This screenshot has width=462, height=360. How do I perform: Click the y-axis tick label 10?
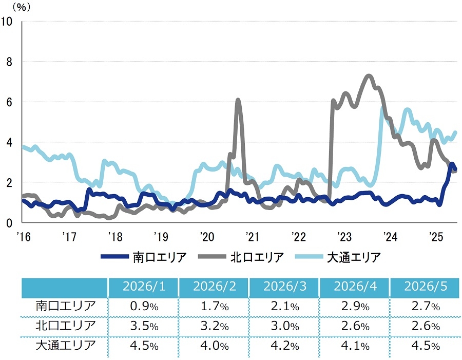tap(7, 22)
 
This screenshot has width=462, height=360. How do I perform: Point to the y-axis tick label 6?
tap(9, 102)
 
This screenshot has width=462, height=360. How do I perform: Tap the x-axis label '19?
tap(161, 237)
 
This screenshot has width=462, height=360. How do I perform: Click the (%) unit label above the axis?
tap(22, 7)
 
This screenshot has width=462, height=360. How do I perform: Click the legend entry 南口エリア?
tap(144, 257)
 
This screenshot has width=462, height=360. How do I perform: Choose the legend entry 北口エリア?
tap(241, 257)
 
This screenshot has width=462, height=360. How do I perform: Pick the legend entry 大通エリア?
tap(338, 257)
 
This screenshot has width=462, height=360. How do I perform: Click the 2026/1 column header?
tap(144, 286)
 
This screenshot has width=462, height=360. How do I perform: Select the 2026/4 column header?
tap(355, 286)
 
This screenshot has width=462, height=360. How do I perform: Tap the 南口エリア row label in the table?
tap(66, 306)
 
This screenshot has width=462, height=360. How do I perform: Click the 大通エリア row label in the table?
tap(66, 345)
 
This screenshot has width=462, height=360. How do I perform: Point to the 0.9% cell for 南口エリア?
tap(144, 307)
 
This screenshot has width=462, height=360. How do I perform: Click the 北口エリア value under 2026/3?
tap(285, 326)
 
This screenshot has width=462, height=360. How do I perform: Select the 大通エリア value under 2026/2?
tap(215, 346)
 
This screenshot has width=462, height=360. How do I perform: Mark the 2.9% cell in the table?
tap(355, 307)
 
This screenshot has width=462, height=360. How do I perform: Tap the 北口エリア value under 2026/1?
tap(144, 326)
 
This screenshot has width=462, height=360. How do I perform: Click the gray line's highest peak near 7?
tap(368, 76)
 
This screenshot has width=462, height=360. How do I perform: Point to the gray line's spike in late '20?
tap(238, 101)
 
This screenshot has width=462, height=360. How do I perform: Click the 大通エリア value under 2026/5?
tap(426, 346)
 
